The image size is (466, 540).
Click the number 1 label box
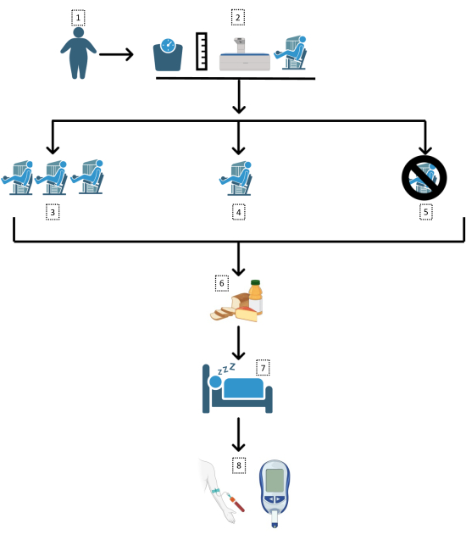[x=78, y=18]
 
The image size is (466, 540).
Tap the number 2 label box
[x=238, y=18]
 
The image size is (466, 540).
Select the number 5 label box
[x=425, y=212]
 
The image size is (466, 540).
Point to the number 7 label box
[x=263, y=368]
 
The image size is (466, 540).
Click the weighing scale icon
[x=168, y=55]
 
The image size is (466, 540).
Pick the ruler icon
[x=202, y=52]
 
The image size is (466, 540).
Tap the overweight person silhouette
[x=79, y=53]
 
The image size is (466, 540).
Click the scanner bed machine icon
[x=245, y=54]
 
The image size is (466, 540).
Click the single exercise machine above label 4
[x=236, y=179]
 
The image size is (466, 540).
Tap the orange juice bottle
[x=255, y=297]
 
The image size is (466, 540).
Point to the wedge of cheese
[x=247, y=314]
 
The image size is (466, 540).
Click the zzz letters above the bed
[x=226, y=369]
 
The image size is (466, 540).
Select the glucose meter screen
[x=275, y=482]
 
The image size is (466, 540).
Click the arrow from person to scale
[x=116, y=54]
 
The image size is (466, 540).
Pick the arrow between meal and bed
[x=238, y=343]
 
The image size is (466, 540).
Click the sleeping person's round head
[x=215, y=382]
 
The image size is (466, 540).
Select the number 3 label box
[x=53, y=212]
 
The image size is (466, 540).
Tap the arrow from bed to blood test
[x=238, y=435]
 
